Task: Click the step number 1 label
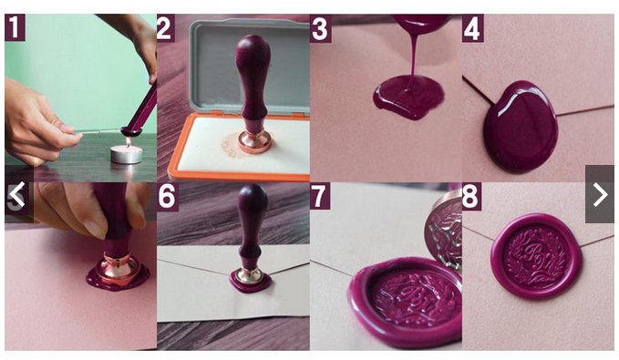pos(16,28)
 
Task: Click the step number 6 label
pos(167,197)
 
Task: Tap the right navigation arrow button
pos(599,194)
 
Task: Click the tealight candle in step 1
pos(126,153)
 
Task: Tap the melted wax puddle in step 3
pos(407,97)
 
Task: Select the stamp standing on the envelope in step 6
pos(251,237)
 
